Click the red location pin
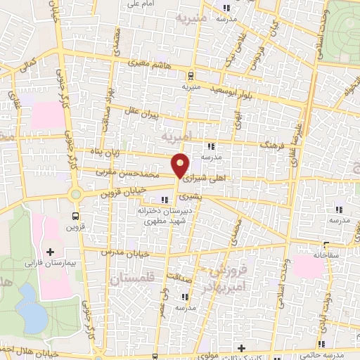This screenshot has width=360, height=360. (x=181, y=165)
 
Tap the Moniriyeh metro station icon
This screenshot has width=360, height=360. (x=191, y=76)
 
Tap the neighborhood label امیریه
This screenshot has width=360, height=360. (x=175, y=134)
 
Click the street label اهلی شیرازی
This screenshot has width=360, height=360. (x=204, y=179)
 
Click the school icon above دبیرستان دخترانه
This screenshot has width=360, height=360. (x=165, y=200)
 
